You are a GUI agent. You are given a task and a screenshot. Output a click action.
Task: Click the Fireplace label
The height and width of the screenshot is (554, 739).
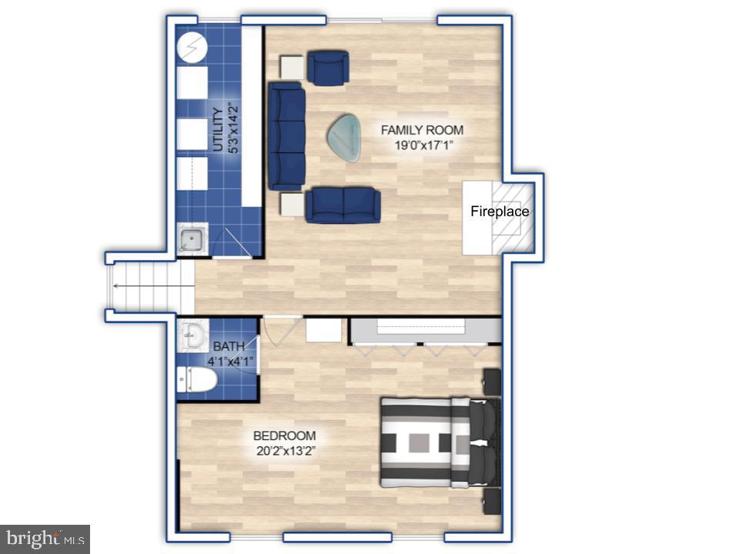(500, 211)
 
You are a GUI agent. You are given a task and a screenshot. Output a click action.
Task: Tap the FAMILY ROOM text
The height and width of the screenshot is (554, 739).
(422, 130)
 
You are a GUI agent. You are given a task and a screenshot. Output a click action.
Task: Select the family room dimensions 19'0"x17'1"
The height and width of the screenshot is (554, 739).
(422, 145)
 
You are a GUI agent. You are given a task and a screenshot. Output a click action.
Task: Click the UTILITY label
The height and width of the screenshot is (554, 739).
(218, 130)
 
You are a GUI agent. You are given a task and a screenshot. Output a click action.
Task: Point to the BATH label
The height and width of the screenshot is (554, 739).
(229, 347)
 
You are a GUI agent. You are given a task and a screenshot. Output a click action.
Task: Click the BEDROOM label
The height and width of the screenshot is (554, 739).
(284, 436)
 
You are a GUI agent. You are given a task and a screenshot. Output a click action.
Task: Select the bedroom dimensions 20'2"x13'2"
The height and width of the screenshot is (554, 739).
(284, 450)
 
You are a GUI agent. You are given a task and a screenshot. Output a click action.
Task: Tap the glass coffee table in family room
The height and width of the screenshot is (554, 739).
(345, 138)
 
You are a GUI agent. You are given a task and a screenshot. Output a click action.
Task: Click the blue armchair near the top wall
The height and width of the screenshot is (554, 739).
(328, 67)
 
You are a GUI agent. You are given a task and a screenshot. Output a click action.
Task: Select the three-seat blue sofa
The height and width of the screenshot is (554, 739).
(286, 137)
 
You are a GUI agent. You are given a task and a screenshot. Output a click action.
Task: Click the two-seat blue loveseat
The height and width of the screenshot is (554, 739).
(343, 205)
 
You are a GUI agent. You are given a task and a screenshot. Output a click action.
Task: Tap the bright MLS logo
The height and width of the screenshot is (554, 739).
(45, 538)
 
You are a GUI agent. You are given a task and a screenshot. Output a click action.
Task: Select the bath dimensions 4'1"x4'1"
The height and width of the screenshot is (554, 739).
(229, 361)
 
